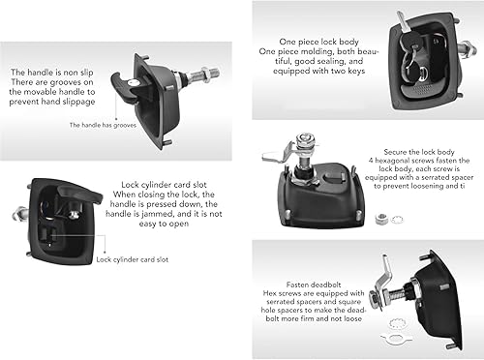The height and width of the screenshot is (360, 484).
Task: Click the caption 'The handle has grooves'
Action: (103, 125)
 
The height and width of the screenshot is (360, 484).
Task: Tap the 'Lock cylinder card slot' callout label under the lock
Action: (133, 259)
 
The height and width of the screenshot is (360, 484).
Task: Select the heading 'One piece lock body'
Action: (318, 42)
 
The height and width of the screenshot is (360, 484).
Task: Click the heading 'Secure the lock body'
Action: (419, 152)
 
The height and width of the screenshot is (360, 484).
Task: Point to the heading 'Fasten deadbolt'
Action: (314, 285)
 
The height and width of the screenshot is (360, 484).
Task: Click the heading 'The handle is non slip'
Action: (52, 72)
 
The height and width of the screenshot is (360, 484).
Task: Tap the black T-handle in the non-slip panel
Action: (124, 88)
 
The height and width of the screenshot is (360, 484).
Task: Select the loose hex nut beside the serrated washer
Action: (381, 219)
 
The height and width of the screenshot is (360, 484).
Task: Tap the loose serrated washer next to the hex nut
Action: (397, 220)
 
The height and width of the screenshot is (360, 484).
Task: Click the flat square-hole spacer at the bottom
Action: (396, 339)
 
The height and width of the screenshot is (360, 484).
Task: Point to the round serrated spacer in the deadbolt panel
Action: (399, 323)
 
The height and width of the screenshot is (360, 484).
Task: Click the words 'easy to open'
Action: (164, 224)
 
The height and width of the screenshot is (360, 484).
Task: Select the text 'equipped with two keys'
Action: (318, 71)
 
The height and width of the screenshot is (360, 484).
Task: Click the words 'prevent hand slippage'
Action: (52, 102)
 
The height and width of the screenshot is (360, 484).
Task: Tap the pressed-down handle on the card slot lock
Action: (79, 193)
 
